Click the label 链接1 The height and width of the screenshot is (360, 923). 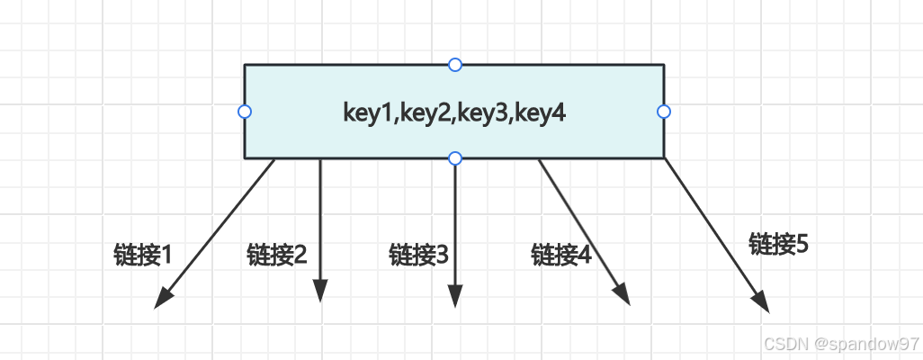142,255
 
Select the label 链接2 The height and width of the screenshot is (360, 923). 276,255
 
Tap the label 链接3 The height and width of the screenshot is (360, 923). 418,255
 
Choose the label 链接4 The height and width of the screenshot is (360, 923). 560,255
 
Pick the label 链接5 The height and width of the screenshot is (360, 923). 778,243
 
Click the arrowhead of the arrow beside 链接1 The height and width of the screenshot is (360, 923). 163,299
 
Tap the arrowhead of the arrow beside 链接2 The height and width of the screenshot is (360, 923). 320,292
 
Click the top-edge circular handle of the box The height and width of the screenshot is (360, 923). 455,64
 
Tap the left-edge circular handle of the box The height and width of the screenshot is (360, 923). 244,112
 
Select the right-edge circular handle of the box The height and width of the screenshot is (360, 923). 664,112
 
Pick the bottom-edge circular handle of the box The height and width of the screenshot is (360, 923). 455,158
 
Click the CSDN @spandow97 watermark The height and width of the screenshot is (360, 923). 840,345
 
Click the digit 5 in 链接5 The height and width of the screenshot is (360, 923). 802,243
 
